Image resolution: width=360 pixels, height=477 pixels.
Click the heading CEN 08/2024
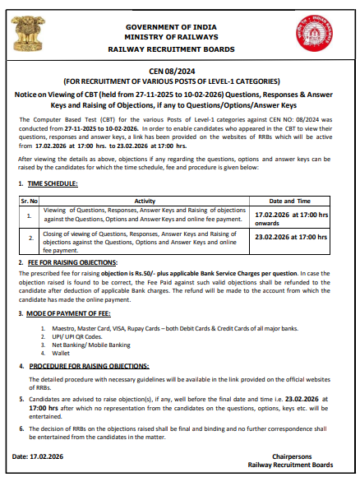coord(179,72)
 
